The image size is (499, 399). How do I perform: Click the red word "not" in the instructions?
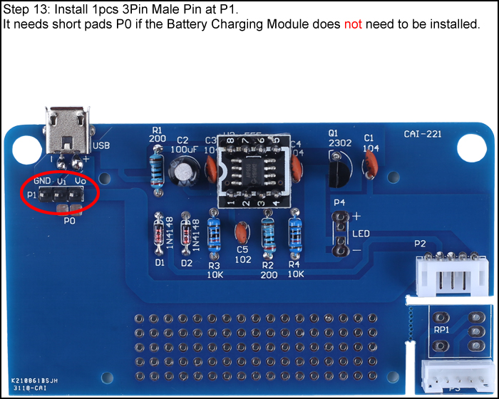tap(353, 24)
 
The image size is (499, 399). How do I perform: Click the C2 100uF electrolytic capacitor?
tap(182, 169)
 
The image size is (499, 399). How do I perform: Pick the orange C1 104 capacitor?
tap(369, 166)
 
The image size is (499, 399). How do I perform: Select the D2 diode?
tap(187, 235)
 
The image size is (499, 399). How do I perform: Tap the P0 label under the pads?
tap(69, 221)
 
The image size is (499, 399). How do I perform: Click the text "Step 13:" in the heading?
tap(27, 10)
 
